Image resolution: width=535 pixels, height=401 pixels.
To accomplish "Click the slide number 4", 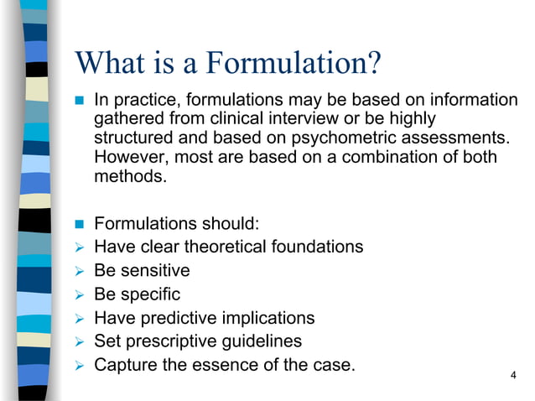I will pos(513,374).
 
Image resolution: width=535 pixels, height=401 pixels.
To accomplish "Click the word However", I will pos(129,157).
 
